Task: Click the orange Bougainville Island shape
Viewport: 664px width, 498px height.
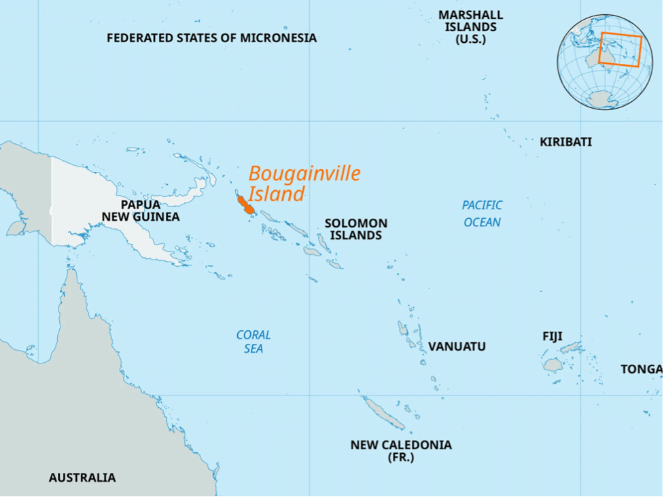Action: (245, 204)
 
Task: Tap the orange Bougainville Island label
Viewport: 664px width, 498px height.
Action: (304, 183)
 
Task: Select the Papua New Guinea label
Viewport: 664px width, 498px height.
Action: (141, 211)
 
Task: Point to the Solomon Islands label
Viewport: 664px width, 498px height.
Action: (355, 229)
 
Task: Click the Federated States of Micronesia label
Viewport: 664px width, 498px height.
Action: (211, 38)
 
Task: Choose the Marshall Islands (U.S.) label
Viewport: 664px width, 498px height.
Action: (470, 27)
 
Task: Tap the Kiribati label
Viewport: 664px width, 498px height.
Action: (565, 142)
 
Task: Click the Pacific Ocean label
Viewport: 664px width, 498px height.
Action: (482, 213)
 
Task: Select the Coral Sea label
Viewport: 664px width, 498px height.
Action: (254, 342)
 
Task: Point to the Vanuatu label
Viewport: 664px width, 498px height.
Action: (457, 346)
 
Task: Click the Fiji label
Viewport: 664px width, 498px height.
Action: (552, 336)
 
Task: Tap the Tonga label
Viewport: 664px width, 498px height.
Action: (641, 369)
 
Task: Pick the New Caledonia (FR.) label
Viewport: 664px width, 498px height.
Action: (401, 450)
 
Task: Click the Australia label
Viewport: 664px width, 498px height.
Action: (82, 478)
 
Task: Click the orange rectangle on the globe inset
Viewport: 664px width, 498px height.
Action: (620, 50)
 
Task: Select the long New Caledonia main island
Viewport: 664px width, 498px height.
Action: (384, 414)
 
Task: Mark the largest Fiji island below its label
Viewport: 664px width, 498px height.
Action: (553, 365)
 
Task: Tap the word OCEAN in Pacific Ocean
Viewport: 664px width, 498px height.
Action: (482, 222)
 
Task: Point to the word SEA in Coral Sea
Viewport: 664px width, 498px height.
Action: (254, 349)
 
